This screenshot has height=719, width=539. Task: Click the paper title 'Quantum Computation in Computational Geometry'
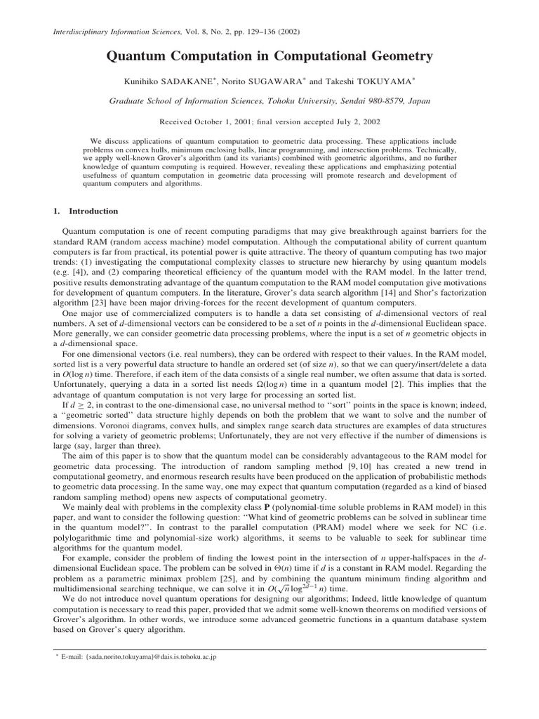click(x=269, y=56)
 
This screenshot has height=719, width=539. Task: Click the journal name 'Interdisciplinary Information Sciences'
click(x=115, y=32)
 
